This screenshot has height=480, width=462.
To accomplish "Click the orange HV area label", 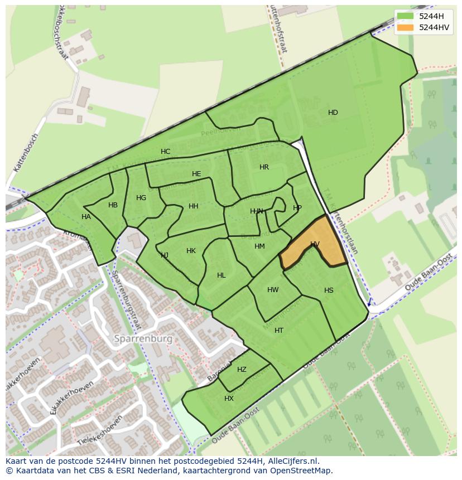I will click(315, 244).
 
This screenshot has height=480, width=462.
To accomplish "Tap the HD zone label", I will click(333, 113).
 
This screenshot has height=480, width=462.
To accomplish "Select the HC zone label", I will click(166, 152).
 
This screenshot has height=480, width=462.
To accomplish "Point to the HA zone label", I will click(86, 217).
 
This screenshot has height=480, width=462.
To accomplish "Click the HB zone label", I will click(113, 205).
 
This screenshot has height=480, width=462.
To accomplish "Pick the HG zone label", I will click(141, 198).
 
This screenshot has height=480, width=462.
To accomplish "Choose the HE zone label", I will click(196, 174).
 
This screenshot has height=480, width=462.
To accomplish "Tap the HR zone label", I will click(264, 167).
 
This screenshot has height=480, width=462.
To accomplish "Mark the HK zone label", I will click(191, 251).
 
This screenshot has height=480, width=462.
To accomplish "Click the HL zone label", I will click(222, 275).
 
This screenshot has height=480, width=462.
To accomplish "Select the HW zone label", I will click(273, 290).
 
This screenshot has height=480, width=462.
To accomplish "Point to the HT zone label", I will click(279, 331).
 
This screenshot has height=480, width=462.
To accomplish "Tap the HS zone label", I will click(329, 290).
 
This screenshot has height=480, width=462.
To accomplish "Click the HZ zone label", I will click(242, 370).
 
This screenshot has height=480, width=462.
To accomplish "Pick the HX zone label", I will click(229, 399).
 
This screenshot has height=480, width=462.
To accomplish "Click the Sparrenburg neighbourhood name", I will click(143, 338).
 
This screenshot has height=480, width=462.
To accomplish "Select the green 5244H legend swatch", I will click(406, 16).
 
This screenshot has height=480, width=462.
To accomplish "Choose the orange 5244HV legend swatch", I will click(406, 27).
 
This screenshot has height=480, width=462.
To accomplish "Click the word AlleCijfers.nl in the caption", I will click(290, 461).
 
